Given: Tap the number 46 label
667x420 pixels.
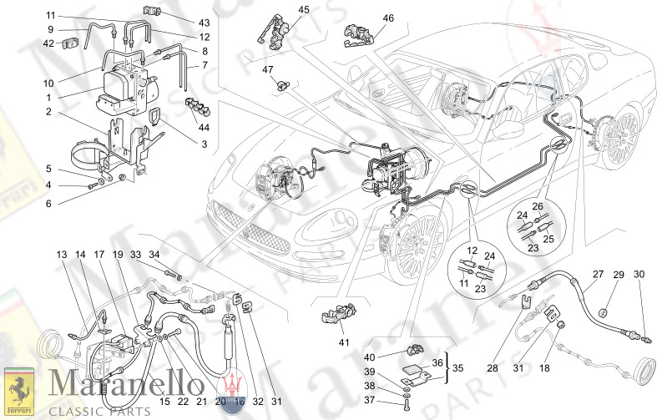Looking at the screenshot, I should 388,18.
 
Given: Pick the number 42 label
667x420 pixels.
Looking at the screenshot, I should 48,43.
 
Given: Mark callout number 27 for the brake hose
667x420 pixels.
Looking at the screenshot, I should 598,274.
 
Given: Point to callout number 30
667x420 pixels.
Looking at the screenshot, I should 639,275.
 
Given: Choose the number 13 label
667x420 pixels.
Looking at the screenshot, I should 61,254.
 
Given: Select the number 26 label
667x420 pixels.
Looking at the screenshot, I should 514,206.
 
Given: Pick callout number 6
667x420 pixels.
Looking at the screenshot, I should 48,204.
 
